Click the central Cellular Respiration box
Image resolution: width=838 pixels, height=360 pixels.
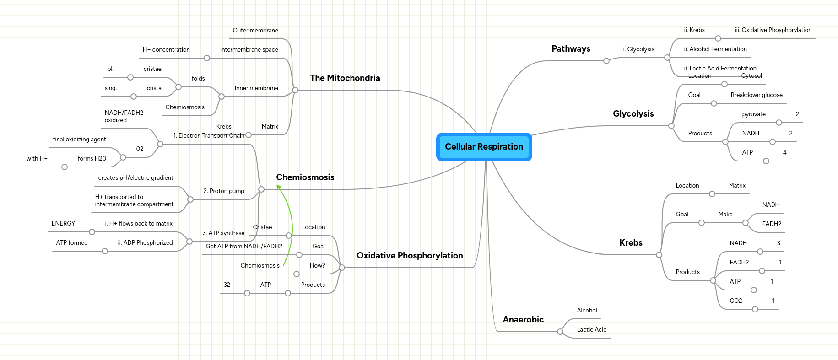(484, 147)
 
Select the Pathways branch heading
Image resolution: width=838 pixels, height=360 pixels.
(571, 49)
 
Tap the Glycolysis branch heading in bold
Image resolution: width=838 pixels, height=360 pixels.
(633, 114)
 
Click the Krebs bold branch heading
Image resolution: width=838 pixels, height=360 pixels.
(631, 243)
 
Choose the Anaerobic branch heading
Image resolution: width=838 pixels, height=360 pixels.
(523, 320)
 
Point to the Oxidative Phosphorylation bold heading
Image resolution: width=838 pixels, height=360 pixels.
(410, 256)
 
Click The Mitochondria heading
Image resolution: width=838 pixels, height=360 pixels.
(345, 78)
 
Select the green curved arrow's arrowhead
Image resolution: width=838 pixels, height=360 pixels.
(278, 186)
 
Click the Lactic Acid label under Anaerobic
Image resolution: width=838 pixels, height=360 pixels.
(591, 330)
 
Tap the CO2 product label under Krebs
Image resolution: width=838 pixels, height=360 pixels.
(735, 301)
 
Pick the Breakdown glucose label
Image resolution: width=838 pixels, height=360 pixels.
(756, 95)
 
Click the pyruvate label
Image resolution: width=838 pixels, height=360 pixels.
(753, 114)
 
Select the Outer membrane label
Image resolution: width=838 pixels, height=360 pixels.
(255, 31)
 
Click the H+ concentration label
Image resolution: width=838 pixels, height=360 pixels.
(166, 50)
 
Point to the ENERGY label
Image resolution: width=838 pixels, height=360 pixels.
(63, 224)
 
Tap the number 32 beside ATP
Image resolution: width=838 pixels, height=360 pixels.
(227, 285)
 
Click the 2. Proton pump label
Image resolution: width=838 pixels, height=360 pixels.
(223, 191)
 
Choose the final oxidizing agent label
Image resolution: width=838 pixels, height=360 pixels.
(79, 140)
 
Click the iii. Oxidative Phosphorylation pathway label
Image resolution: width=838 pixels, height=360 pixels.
(773, 30)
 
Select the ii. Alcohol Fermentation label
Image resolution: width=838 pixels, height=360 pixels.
(715, 49)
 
